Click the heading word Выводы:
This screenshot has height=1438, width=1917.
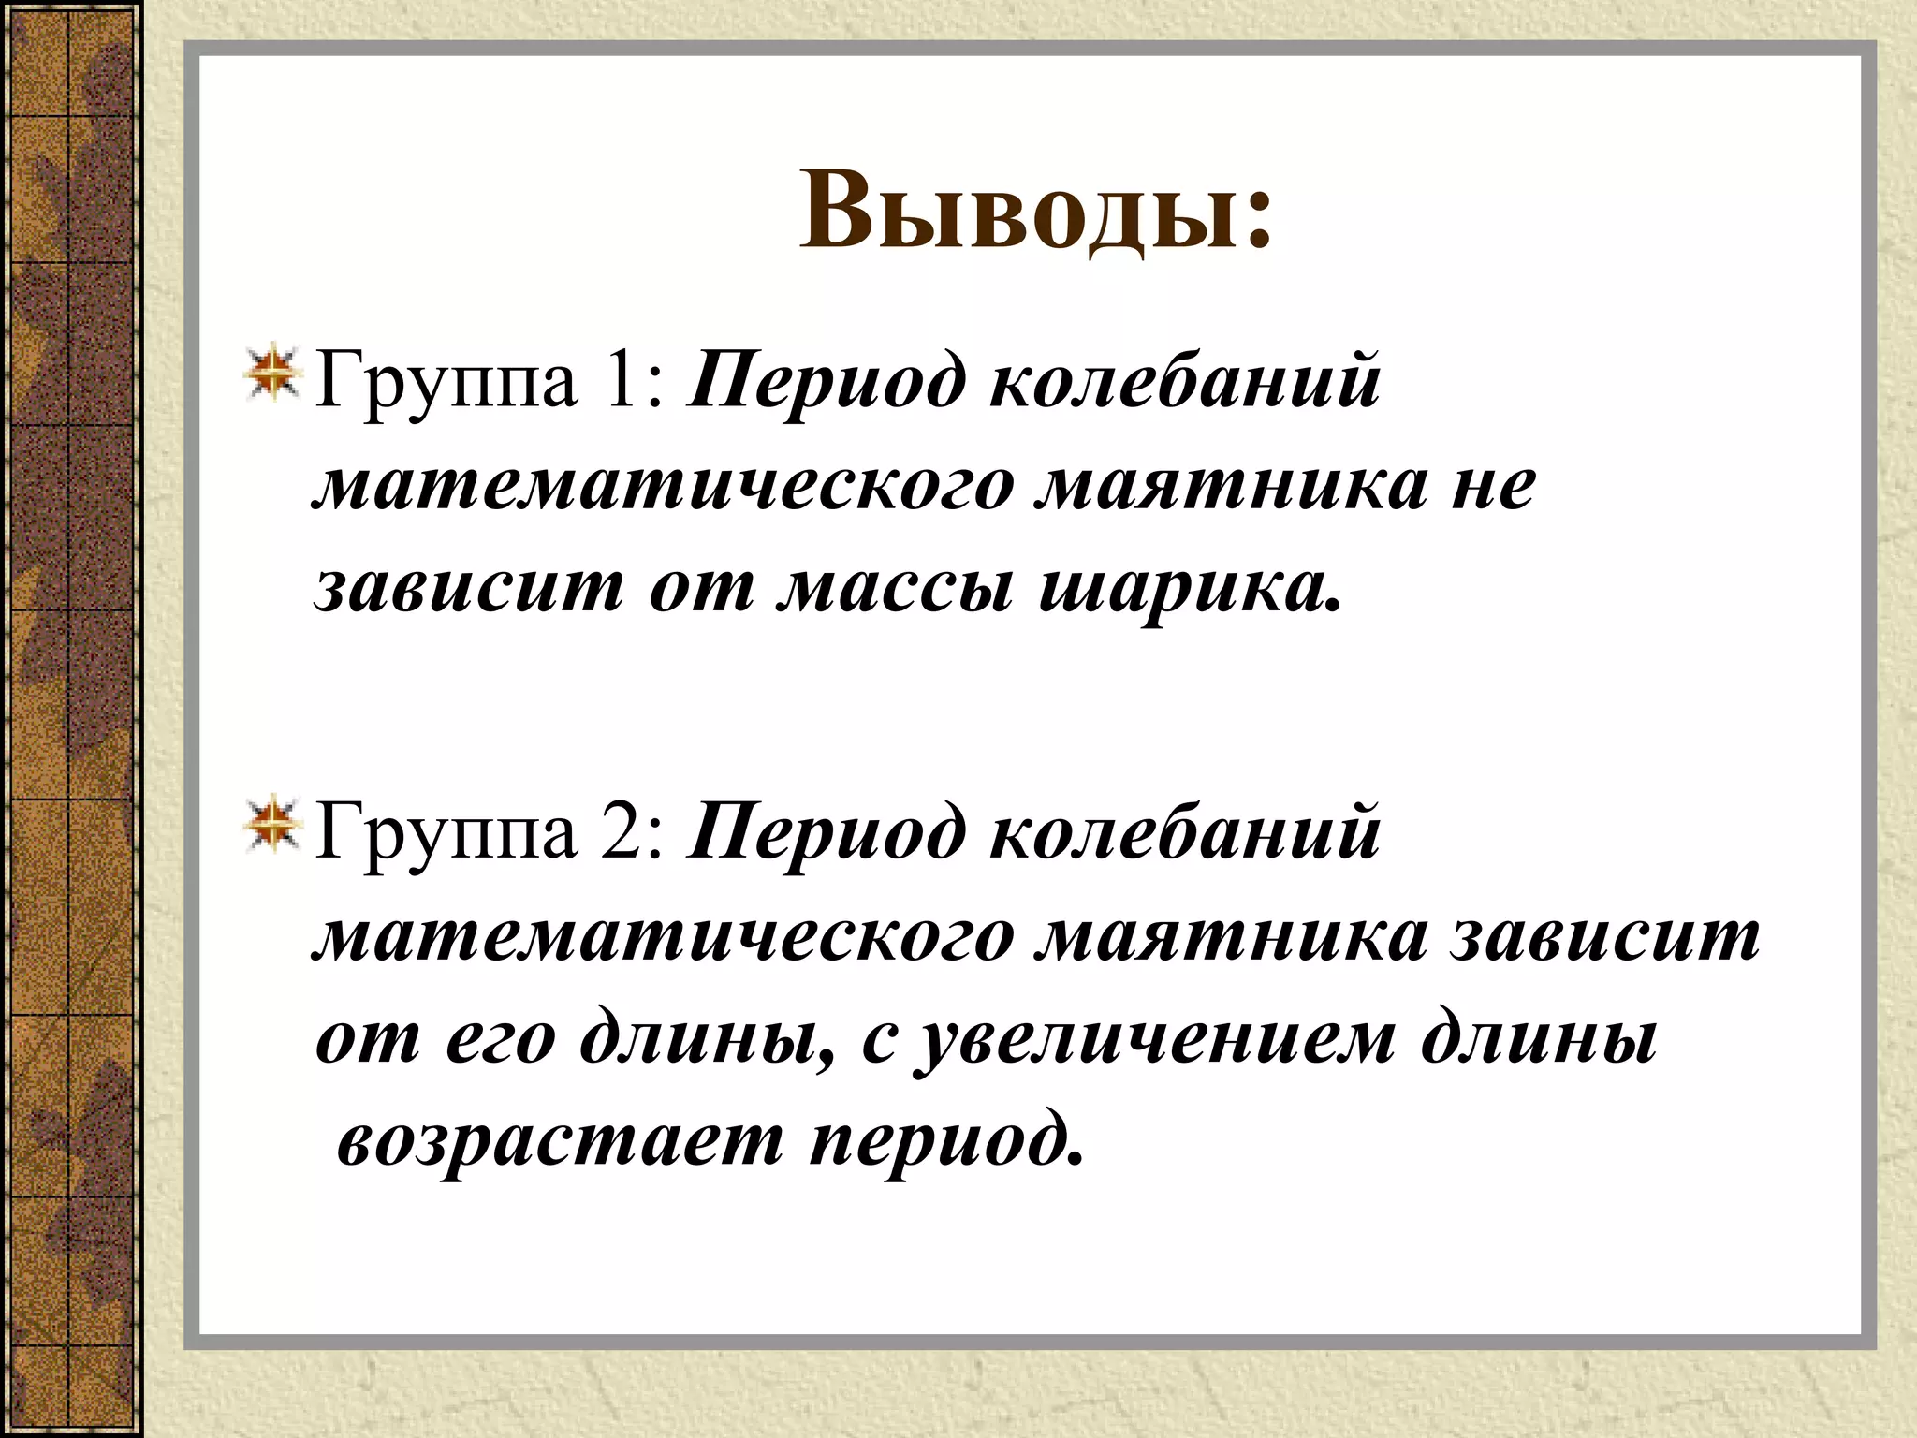tap(1036, 212)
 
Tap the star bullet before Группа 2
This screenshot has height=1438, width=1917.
tap(271, 828)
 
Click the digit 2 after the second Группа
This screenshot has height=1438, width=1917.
tap(625, 831)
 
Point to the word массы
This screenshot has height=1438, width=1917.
tap(895, 588)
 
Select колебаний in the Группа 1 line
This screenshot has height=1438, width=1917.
tap(1184, 380)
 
